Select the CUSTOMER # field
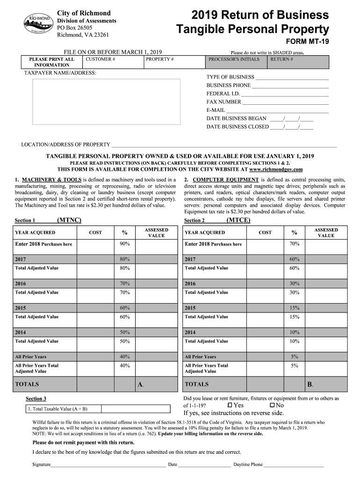112,62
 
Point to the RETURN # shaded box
299,62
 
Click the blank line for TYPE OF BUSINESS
292,78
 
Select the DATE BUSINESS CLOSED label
238,127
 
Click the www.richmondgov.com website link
276,169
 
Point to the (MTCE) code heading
238,220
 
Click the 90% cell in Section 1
124,244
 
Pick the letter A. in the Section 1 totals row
140,385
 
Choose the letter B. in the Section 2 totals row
310,385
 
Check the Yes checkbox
230,405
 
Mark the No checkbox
272,405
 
